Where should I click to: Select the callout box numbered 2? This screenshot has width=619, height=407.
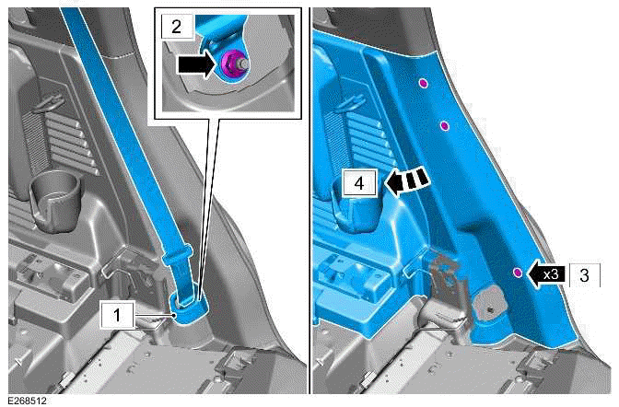point(175,25)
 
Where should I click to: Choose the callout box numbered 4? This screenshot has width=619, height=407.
point(359,182)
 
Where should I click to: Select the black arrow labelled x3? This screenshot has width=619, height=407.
point(548,273)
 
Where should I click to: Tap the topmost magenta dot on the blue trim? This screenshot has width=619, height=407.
point(422,84)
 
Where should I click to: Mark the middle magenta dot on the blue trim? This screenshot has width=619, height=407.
point(443,125)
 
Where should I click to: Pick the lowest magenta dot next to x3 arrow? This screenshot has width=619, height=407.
point(518,272)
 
